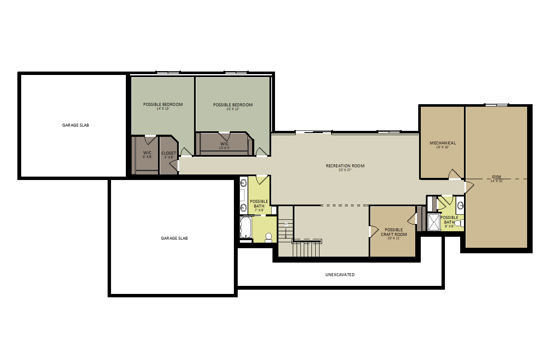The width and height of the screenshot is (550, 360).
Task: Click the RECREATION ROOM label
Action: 345,166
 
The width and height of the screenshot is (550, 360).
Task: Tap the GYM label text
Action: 496,177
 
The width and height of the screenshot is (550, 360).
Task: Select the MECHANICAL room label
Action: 443,143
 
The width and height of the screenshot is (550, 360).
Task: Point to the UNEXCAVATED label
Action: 340,274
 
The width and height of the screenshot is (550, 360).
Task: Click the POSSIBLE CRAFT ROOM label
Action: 394,232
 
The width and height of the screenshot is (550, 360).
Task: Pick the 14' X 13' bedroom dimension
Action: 163,108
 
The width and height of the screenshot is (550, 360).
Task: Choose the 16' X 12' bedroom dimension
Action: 233,109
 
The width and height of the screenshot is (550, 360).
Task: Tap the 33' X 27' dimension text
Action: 345,170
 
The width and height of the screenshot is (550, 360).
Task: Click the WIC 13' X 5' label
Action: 224,146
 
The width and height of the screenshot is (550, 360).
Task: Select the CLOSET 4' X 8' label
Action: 169,155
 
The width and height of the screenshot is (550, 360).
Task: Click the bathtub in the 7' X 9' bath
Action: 245,227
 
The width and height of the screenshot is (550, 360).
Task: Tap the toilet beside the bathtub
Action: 268,238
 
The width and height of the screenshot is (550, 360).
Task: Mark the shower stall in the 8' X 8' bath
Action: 434,222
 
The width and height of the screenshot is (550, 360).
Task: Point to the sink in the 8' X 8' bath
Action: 460,205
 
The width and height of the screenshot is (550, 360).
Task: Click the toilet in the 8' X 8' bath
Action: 458,223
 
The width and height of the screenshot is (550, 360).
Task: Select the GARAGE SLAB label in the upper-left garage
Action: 75,125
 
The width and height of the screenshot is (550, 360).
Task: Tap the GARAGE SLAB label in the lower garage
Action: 174,238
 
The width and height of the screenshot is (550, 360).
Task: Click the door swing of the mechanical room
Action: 455,174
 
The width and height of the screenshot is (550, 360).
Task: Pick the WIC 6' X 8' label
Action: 147,155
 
